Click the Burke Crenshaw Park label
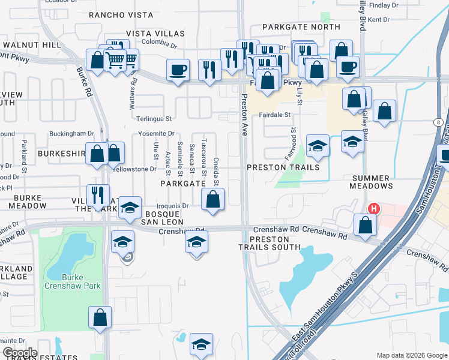(x=81, y=281)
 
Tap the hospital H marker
(x=374, y=209)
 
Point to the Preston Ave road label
(x=244, y=114)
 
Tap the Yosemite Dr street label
(x=155, y=134)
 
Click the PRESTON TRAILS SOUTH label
(x=269, y=243)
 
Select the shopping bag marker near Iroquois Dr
(x=212, y=200)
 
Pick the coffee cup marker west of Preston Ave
(x=177, y=70)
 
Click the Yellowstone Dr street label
(x=136, y=169)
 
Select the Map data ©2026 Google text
(x=411, y=355)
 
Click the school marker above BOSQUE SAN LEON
(x=130, y=208)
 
